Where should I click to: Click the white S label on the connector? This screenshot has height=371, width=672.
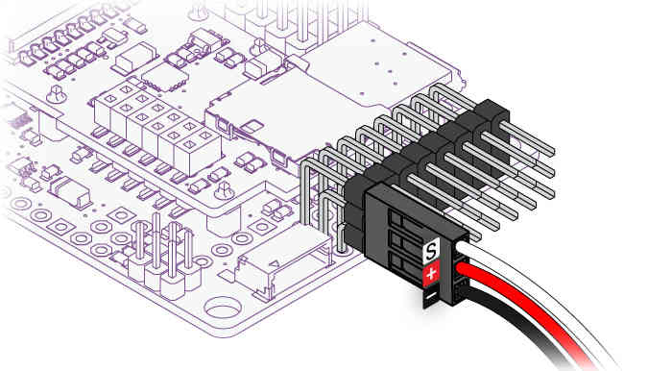(x=431, y=251)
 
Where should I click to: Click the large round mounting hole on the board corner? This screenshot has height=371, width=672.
(x=223, y=308)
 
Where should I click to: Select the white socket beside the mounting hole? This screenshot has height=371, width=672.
(x=285, y=261)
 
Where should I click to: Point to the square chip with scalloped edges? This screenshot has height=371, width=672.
(x=165, y=77)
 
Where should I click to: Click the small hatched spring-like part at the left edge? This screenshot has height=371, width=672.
(x=19, y=120)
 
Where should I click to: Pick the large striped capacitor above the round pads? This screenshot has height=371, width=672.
(x=70, y=191)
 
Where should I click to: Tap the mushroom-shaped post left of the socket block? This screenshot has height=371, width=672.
(x=56, y=93)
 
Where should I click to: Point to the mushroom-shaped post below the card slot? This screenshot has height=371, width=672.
(x=224, y=190)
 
